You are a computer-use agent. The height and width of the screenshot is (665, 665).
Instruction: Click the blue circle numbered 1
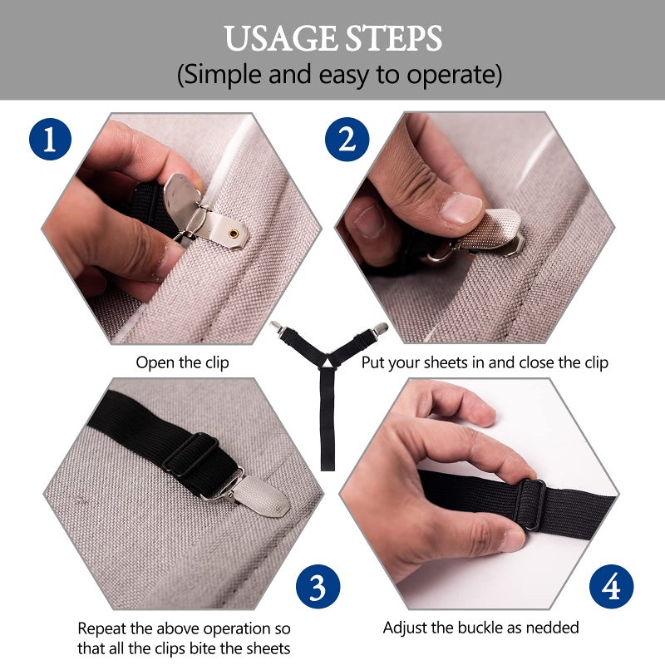50,139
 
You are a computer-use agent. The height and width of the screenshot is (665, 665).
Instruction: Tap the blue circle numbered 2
347,139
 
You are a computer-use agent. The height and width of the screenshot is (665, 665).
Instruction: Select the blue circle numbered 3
318,587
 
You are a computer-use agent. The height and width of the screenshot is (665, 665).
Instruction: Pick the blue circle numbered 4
612,587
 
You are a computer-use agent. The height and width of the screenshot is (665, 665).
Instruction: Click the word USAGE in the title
281,38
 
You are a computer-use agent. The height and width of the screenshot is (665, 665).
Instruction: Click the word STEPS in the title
393,38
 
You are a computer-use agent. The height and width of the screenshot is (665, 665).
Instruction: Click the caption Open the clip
182,362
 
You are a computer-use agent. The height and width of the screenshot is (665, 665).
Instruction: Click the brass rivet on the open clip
234,233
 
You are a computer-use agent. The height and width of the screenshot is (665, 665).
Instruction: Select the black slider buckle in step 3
191,453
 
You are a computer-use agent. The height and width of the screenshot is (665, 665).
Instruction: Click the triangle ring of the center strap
327,362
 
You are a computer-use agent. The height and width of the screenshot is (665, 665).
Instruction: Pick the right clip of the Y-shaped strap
379,328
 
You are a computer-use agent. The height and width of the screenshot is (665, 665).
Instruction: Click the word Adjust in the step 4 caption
405,628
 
